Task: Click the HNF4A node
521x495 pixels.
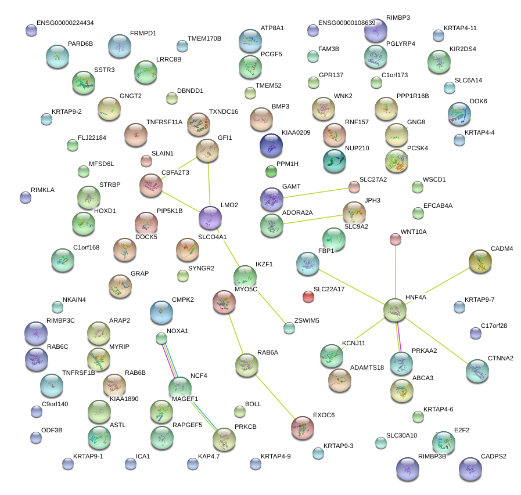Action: tap(395, 310)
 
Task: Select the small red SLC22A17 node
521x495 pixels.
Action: tap(308, 297)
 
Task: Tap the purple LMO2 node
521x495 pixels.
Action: tap(210, 218)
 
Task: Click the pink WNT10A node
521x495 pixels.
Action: tap(396, 239)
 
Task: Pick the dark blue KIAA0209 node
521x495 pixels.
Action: tap(271, 146)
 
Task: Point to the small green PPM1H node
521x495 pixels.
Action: tap(271, 171)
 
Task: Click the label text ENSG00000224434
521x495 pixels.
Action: tap(65, 23)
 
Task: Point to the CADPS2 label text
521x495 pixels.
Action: tap(493, 456)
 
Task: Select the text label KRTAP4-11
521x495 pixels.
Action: tap(460, 28)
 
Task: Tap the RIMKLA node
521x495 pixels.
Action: tap(26, 197)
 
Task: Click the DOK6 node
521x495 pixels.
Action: tap(461, 114)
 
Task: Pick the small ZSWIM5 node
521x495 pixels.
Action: tap(289, 328)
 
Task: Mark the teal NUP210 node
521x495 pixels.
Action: tap(334, 161)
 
